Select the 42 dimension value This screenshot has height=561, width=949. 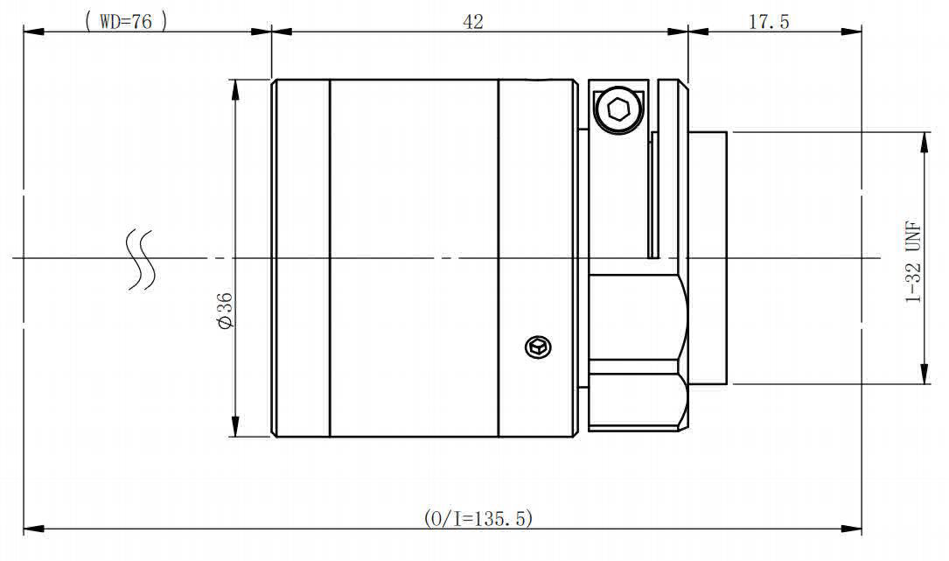coord(472,22)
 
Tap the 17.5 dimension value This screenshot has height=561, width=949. coord(769,22)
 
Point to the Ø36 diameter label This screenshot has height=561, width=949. coord(225,310)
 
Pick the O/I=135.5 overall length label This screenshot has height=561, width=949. coord(478,519)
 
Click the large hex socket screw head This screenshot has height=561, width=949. coord(618,109)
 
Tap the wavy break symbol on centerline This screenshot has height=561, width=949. coord(140,260)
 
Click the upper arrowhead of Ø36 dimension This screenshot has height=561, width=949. coord(234,90)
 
